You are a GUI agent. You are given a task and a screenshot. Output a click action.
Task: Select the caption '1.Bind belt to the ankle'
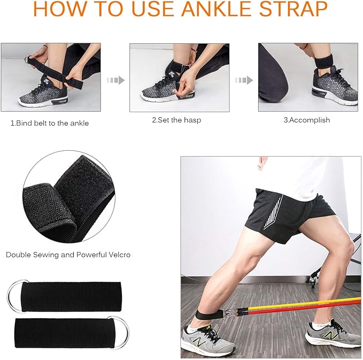point(50,123)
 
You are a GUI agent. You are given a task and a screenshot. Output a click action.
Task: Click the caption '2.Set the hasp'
point(176,120)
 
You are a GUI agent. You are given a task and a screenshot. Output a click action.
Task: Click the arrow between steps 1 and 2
point(115,80)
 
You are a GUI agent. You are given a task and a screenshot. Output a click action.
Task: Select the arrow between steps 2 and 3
point(244,80)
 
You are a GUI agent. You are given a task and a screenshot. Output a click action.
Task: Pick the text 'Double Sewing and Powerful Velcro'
point(68,255)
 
